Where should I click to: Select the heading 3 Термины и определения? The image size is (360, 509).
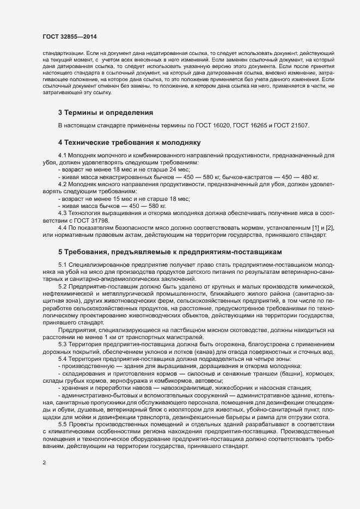tap(105, 113)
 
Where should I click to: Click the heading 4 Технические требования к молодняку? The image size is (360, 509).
tap(130, 143)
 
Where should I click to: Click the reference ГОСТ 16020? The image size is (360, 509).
tap(208, 126)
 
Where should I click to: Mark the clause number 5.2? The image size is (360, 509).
tap(63, 286)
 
